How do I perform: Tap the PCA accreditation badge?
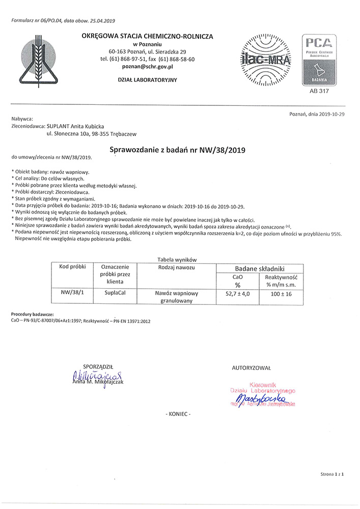pos(319,59)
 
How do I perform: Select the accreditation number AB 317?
pos(319,92)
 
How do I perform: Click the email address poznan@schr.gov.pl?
pos(147,66)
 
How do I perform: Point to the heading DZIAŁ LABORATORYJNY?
pos(147,80)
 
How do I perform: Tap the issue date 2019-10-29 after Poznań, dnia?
pos(332,115)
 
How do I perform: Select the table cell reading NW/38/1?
pos(73,294)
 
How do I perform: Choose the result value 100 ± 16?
pos(281,294)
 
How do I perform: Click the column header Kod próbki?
pos(73,267)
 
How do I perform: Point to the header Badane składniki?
pos(259,268)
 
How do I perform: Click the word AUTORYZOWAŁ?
pos(251,367)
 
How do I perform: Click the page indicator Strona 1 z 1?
pos(332,474)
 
